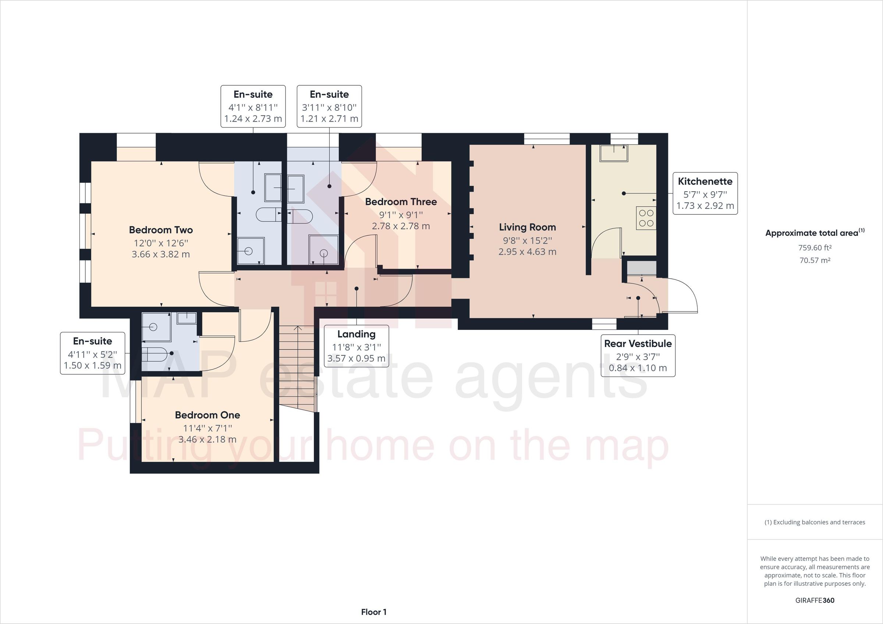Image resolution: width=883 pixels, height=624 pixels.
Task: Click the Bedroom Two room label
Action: [161, 230]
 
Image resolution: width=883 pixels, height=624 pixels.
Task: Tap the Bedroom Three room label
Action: [401, 202]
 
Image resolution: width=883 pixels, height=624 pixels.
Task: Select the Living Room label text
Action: [527, 227]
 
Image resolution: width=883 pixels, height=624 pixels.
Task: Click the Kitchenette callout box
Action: [705, 193]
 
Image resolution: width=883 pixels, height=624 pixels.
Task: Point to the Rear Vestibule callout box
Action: [638, 355]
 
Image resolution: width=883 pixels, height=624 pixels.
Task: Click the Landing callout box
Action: [356, 346]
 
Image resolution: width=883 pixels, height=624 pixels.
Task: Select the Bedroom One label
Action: [207, 415]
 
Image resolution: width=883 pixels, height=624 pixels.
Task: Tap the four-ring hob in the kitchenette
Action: [646, 218]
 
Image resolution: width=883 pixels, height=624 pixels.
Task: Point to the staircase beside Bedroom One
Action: [297, 365]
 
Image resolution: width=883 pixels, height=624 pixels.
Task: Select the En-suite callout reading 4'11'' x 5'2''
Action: [92, 353]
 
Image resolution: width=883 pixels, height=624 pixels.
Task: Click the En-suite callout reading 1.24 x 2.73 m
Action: [253, 107]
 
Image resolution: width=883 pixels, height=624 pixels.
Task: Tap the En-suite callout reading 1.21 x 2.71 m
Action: [329, 107]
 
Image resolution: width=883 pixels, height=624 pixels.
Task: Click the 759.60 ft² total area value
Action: [815, 247]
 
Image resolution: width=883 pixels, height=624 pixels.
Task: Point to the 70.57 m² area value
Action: [815, 260]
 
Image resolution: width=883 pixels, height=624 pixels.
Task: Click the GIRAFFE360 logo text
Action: [815, 600]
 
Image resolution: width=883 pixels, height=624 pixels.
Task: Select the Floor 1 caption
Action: [373, 612]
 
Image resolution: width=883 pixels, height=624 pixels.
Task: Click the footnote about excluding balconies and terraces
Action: [815, 522]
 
